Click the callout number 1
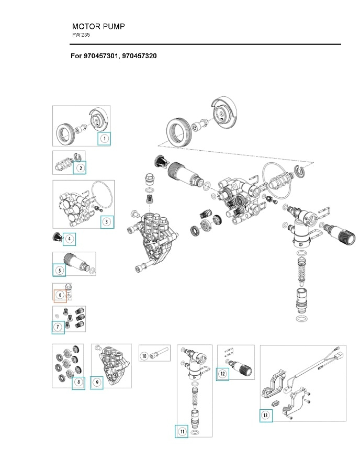click(104, 139)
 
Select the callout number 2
click(80, 168)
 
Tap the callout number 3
click(107, 221)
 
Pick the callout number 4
click(69, 239)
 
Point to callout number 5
click(60, 270)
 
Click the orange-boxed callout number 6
click(60, 296)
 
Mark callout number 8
click(78, 382)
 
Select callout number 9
click(97, 382)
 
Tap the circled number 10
click(144, 356)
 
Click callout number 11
click(182, 431)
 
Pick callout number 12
click(223, 374)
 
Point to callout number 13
click(266, 416)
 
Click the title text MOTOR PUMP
click(98, 26)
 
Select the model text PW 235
click(81, 35)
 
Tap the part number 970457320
click(138, 55)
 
